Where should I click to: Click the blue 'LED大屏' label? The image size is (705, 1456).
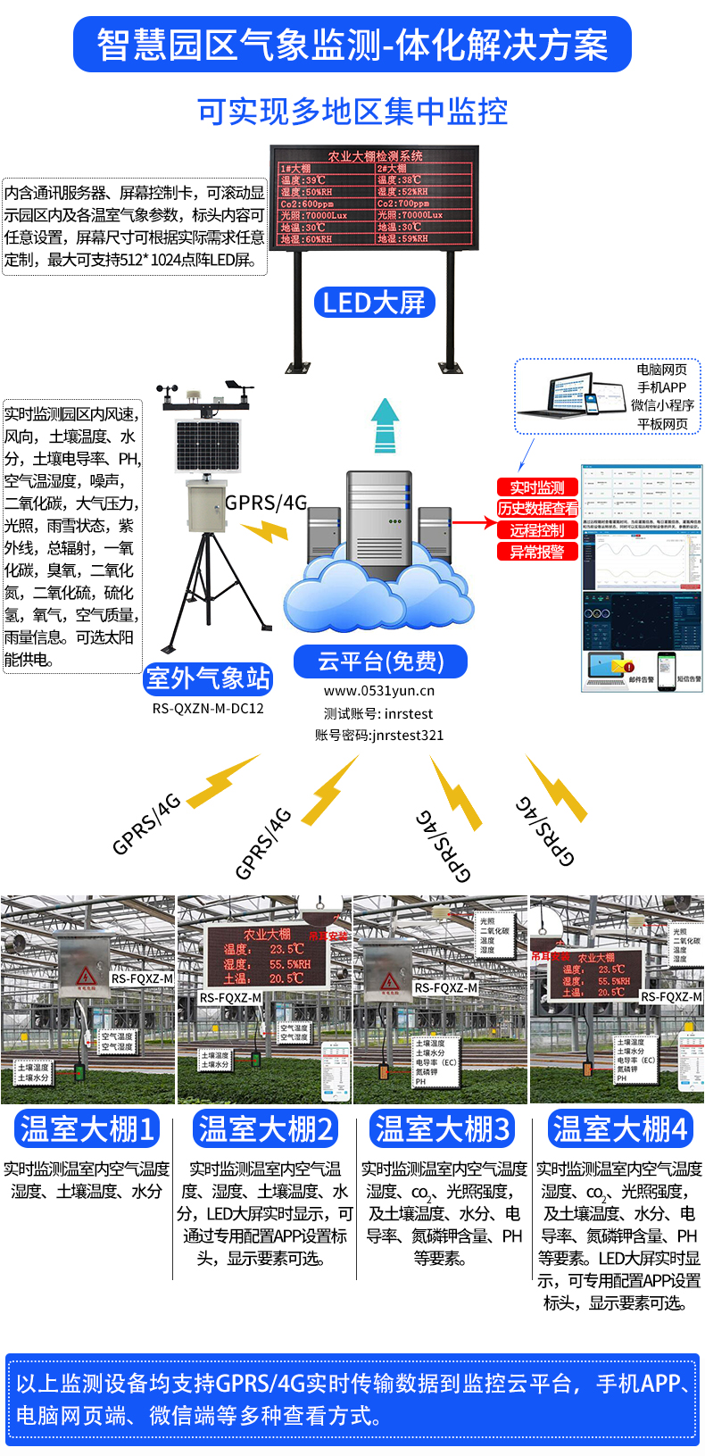(x=374, y=303)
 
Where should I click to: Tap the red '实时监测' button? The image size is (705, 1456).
(x=537, y=487)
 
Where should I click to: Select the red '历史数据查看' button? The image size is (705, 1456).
(x=537, y=509)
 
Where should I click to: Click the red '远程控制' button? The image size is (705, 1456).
(x=537, y=530)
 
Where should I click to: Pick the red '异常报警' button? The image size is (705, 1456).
(x=537, y=552)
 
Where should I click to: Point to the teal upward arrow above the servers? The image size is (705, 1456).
(x=385, y=426)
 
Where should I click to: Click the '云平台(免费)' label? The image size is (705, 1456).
(x=380, y=661)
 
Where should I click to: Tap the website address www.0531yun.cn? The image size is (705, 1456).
(x=379, y=691)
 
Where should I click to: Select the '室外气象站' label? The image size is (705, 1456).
(x=208, y=679)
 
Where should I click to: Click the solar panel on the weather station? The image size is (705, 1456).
(x=208, y=448)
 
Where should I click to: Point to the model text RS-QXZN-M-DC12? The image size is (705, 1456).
(x=208, y=709)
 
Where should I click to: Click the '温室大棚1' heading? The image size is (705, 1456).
(x=87, y=1129)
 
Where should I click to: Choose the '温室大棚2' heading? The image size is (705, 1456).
(x=265, y=1129)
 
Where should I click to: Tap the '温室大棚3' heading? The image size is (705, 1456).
(x=442, y=1129)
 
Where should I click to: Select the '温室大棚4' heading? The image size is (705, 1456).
(x=619, y=1129)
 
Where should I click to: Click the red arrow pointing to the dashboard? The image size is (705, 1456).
(x=473, y=522)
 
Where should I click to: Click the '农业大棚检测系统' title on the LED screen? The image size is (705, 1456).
(x=375, y=156)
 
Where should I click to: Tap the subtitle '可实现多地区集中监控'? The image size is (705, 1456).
(x=352, y=112)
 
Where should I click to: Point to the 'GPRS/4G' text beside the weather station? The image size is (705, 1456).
(x=266, y=503)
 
